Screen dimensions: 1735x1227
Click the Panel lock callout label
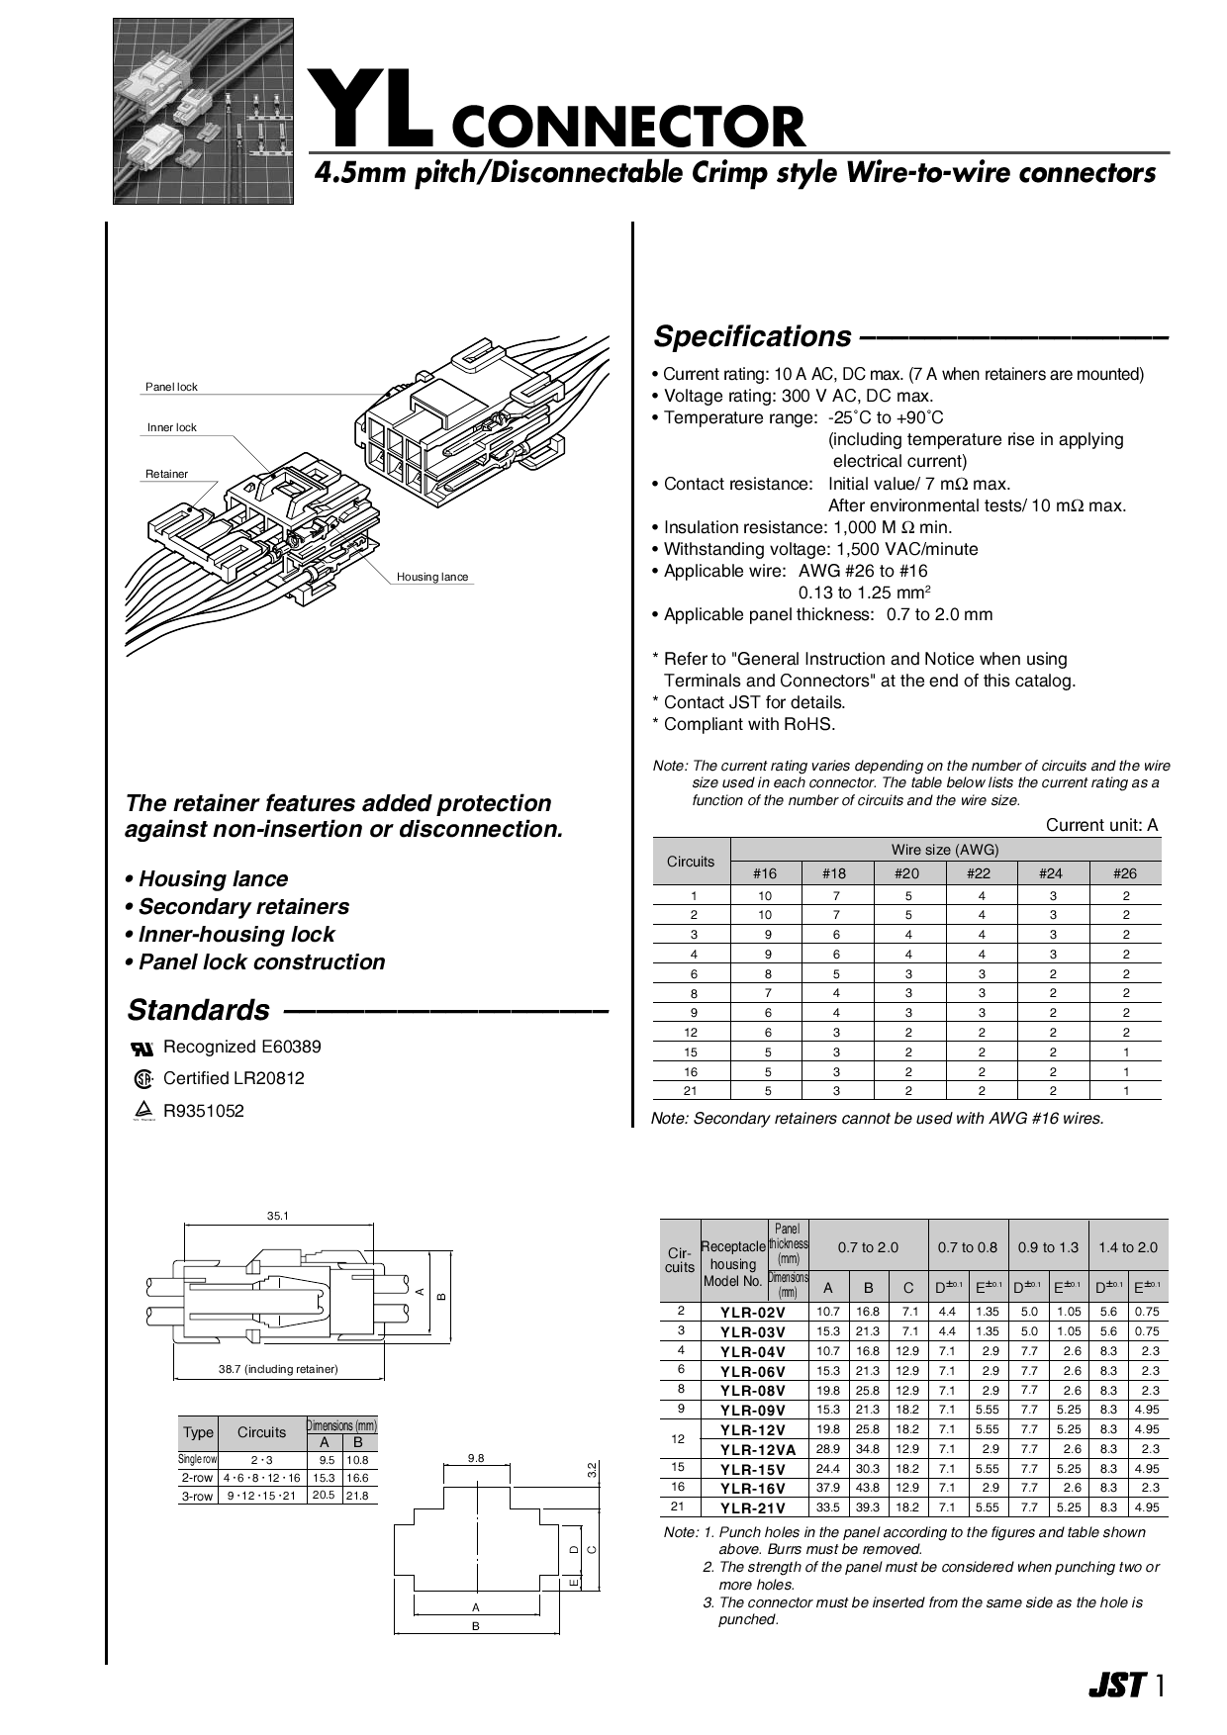pos(171,387)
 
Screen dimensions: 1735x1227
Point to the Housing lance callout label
pos(432,577)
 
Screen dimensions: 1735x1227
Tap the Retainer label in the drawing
pos(166,474)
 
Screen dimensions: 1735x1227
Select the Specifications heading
pos(751,337)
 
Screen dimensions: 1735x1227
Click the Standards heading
pos(198,1010)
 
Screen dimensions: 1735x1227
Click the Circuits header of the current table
pos(691,862)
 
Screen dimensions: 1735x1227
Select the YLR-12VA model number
pos(752,1450)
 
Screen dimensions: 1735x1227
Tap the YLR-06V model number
pos(752,1372)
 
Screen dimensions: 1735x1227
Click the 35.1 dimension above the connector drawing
pos(277,1216)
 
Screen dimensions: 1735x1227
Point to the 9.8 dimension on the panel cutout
pos(476,1458)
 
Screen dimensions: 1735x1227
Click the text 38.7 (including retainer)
pos(278,1369)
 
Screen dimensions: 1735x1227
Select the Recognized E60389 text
pos(241,1047)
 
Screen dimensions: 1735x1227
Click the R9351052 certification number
pos(203,1111)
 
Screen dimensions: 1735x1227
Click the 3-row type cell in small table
pos(197,1496)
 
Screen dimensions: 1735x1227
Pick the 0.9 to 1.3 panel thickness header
pos(1048,1247)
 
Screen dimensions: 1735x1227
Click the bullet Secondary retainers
pos(243,907)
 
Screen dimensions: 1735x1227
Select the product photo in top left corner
pos(203,111)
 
